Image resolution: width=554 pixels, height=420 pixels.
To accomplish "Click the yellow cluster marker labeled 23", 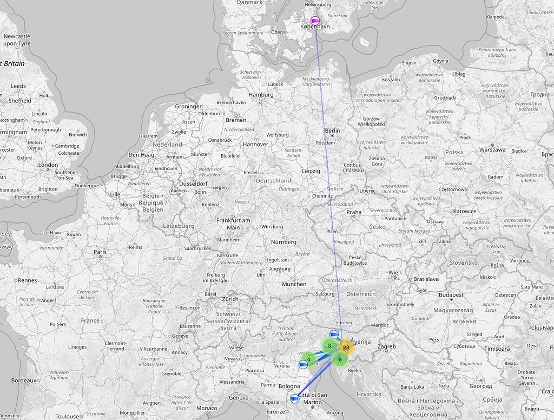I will [x=346, y=347].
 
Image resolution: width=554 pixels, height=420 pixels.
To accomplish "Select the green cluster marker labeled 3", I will [x=329, y=345].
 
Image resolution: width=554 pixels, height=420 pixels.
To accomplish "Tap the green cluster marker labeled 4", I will [x=308, y=358].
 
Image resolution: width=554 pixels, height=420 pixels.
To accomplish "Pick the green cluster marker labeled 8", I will [x=340, y=359].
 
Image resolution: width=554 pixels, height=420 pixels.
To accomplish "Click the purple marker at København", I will [x=315, y=21].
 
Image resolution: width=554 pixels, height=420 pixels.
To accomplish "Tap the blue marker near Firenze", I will [x=295, y=399].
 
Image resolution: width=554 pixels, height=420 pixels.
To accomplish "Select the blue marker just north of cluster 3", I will [x=334, y=333].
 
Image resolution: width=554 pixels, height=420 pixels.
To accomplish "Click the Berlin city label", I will [x=332, y=130].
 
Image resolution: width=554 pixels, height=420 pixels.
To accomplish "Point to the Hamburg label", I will [x=261, y=95].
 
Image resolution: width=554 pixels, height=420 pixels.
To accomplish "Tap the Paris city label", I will [x=100, y=252].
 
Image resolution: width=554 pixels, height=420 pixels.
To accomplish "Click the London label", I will [x=48, y=165].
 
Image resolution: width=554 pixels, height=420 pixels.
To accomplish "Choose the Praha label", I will [x=354, y=212].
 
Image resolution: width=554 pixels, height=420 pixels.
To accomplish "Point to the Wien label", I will [x=395, y=273].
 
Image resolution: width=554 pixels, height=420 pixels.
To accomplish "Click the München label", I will [x=294, y=284].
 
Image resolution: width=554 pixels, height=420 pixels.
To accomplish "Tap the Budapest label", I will [x=451, y=295].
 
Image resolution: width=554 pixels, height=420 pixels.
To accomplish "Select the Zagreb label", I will [x=387, y=346].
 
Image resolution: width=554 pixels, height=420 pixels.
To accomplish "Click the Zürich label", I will [x=230, y=299].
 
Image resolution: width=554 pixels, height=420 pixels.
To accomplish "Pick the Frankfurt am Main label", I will [x=233, y=224].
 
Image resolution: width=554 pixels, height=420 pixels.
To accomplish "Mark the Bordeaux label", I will [x=23, y=380].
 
